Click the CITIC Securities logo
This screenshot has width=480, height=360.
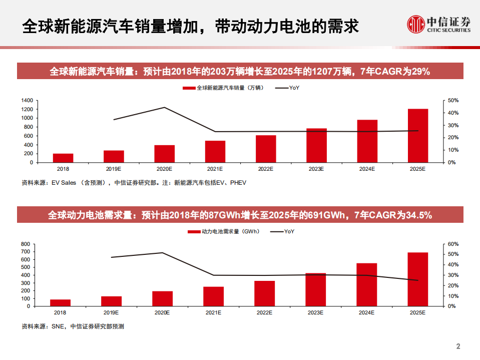coord(438,24)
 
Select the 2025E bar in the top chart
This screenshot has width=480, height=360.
coord(417,136)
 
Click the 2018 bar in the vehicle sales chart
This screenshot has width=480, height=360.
coord(63,158)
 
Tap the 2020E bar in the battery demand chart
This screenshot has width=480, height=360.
coord(162,298)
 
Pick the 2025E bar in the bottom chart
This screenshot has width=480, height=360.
coord(417,279)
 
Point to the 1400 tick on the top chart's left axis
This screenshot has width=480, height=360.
coord(28,101)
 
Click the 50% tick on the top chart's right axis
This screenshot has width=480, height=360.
coord(452,101)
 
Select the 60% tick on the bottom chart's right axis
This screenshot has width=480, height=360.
coord(452,244)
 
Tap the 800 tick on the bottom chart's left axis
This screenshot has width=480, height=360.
coord(26,244)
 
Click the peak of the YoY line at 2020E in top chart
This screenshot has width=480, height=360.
coord(165,107)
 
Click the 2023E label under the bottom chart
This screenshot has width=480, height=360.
coord(315,312)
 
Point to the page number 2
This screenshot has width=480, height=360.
coord(458,346)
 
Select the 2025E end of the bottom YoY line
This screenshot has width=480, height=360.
coord(418,280)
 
